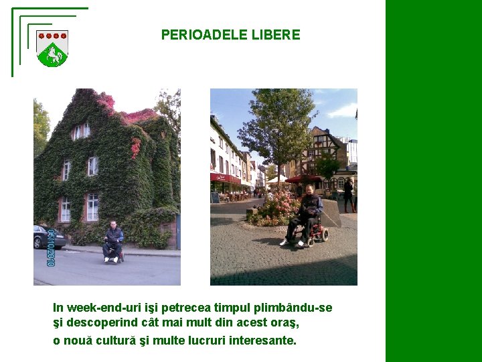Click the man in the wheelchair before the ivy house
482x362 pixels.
pos(113,241)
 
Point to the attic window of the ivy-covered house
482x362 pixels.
pos(81,131)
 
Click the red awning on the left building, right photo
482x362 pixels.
pos(225,178)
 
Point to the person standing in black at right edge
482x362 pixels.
pos(348,194)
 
